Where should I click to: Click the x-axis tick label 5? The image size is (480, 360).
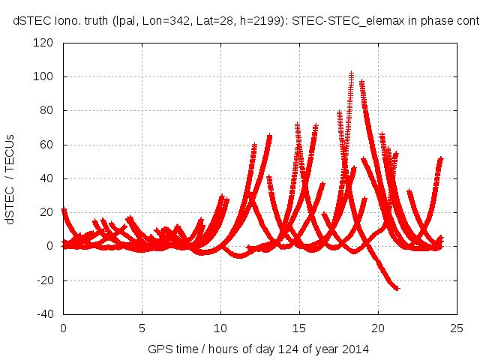pos(142,328)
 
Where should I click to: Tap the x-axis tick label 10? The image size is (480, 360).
pos(220,328)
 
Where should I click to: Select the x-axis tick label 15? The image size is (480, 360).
pos(299,328)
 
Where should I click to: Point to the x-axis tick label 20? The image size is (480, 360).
pos(378,328)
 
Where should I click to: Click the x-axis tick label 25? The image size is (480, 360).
pos(457,328)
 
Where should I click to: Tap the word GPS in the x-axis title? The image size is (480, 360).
pos(159,349)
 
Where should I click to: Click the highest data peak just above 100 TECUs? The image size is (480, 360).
pos(351,73)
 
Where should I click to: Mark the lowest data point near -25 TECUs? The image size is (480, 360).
pos(397,288)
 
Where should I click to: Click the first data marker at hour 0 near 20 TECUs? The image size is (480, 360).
pos(64,211)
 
